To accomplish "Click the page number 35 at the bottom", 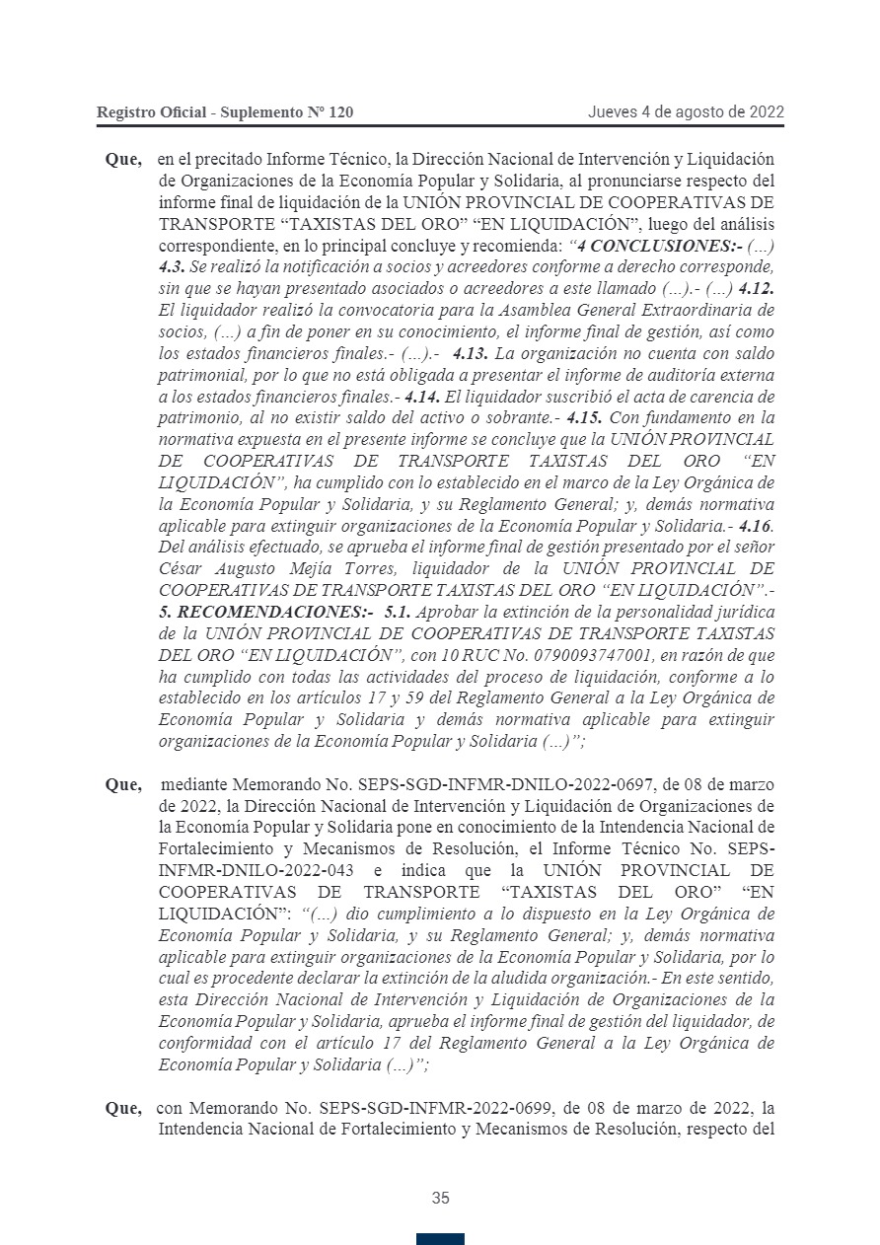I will coord(440,1199).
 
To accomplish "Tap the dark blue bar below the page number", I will coord(440,1238).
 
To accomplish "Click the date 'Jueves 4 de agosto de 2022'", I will coord(686,112).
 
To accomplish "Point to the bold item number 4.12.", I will coord(755,288).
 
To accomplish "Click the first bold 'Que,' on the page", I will coord(123,160).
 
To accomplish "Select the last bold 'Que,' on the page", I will coord(123,1108).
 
